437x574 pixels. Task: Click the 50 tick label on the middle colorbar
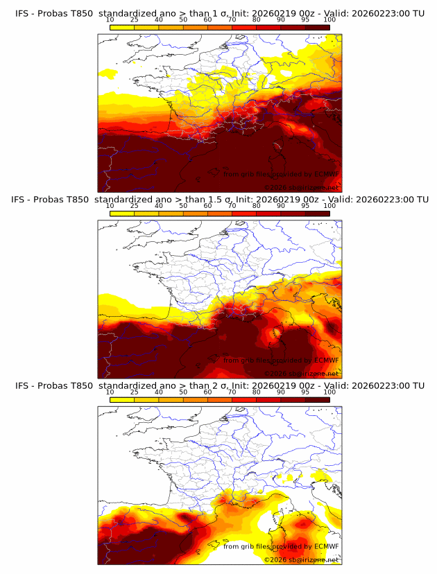click(183, 205)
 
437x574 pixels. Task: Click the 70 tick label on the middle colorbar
click(232, 205)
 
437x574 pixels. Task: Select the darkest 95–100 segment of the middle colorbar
click(317, 213)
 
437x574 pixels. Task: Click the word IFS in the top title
click(22, 14)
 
